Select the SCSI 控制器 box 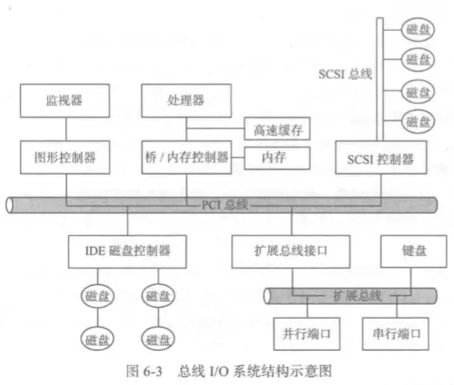tap(380, 157)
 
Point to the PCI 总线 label tap(226, 204)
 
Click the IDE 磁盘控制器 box tap(129, 250)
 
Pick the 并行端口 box tap(306, 333)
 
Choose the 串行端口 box tap(396, 333)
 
